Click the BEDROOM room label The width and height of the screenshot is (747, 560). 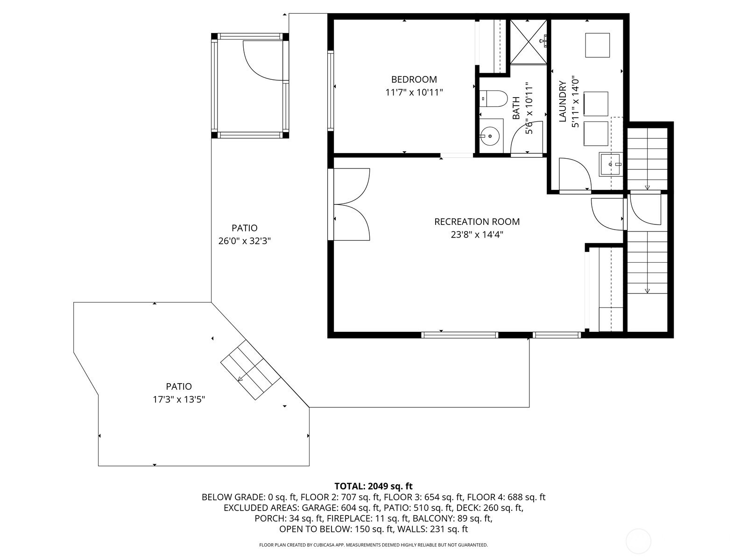414,79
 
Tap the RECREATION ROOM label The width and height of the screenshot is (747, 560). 477,222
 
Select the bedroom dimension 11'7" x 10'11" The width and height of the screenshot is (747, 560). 414,92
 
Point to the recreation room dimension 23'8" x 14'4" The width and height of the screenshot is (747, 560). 477,235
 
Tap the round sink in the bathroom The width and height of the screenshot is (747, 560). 490,136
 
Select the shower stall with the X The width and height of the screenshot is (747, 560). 528,42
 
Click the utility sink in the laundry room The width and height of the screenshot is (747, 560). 611,164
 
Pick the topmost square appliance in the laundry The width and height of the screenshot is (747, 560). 597,45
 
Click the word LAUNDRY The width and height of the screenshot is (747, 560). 563,101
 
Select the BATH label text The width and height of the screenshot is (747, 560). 516,108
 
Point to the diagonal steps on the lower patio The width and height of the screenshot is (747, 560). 250,370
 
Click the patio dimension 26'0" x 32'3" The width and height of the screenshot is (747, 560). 244,241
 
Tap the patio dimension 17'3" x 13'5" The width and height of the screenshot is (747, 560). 179,399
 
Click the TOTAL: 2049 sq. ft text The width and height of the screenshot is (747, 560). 373,486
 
